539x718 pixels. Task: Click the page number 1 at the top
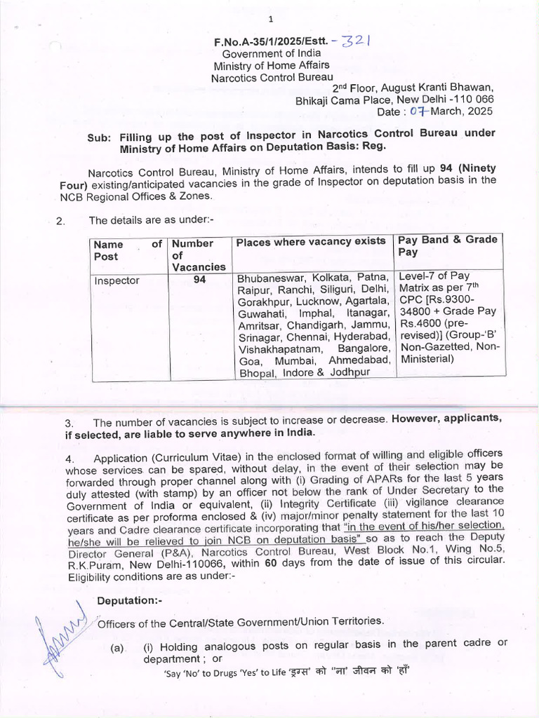click(269, 18)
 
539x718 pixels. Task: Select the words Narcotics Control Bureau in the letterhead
click(272, 77)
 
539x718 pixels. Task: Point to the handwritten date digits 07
click(419, 111)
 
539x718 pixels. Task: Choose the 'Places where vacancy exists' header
click(311, 242)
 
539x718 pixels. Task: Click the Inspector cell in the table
click(117, 280)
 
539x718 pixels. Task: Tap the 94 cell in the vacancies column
click(199, 280)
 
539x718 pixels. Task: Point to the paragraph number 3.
click(69, 423)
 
